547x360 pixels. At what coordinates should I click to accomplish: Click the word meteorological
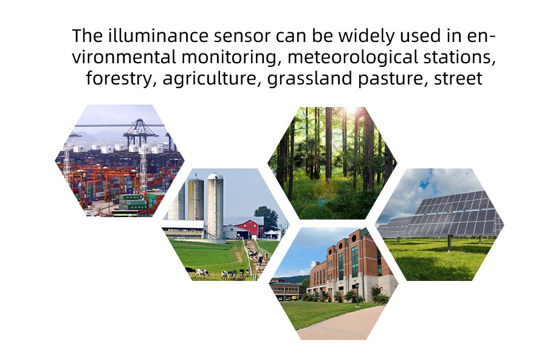[x=353, y=58]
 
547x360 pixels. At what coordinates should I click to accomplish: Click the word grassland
[x=310, y=79]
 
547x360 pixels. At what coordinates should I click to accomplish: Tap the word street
[x=458, y=79]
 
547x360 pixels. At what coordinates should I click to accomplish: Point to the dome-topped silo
[x=215, y=206]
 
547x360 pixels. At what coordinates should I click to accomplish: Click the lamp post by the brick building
[x=357, y=295]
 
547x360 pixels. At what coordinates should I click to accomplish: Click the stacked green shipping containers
[x=133, y=202]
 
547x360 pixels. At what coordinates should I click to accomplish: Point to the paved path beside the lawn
[x=340, y=323]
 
